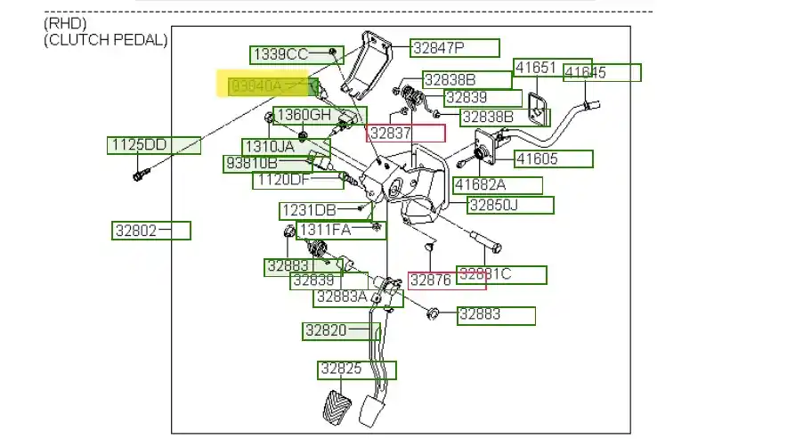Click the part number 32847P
[x=454, y=48]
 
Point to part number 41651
[x=537, y=68]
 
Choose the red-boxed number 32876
[x=431, y=280]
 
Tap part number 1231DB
[x=308, y=211]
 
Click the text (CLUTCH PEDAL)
[x=105, y=40]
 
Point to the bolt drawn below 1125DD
[x=139, y=175]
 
